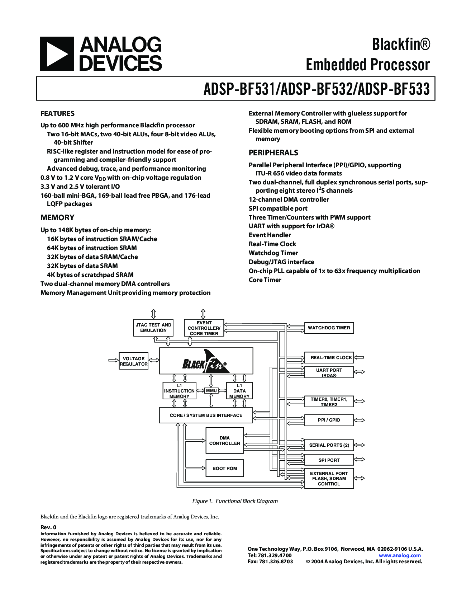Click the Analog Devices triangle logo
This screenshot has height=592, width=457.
point(57,54)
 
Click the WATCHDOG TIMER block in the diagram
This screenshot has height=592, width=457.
point(329,328)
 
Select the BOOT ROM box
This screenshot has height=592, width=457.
point(225,468)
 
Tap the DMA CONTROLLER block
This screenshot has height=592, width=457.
point(225,441)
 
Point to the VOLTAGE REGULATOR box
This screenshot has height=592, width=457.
point(134,361)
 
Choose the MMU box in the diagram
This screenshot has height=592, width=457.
point(211,391)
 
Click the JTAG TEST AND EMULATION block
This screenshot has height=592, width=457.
point(153,328)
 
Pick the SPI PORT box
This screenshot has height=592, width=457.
point(329,460)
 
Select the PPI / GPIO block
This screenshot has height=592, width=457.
point(329,420)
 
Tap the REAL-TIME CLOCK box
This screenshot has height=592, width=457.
point(329,358)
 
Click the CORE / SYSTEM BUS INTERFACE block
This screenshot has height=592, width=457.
point(206,415)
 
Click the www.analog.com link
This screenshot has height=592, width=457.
point(400,555)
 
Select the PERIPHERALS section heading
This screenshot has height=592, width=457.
point(273,153)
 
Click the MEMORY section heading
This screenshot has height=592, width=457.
point(57,218)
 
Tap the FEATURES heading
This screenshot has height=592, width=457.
point(57,114)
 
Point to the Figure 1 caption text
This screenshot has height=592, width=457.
point(235,501)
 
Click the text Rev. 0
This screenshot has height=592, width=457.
point(48,527)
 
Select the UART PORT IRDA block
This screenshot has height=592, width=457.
point(329,373)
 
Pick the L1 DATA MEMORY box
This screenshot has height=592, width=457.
point(239,391)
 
